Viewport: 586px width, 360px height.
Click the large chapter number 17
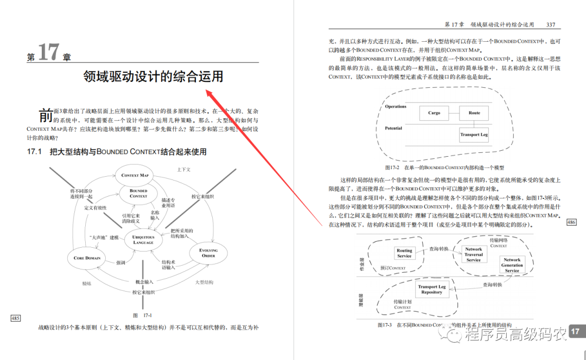click(x=48, y=53)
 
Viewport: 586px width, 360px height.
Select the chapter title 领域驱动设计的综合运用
click(x=153, y=76)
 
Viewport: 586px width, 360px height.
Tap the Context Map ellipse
click(x=135, y=175)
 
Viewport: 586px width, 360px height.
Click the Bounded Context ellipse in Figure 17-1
click(x=138, y=194)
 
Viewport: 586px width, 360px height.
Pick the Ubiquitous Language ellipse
click(x=143, y=240)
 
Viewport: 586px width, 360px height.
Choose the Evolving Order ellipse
click(x=208, y=253)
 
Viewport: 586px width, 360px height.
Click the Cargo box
click(x=434, y=113)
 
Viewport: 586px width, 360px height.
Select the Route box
click(x=474, y=113)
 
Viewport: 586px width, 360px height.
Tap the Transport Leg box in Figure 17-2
click(x=474, y=134)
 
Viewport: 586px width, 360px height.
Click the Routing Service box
click(x=404, y=253)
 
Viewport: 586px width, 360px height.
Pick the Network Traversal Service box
click(x=473, y=254)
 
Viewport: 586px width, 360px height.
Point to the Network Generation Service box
click(x=512, y=265)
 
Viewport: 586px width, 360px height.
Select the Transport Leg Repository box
click(x=431, y=290)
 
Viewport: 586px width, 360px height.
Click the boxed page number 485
click(x=15, y=318)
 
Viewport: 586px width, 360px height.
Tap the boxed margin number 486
click(x=571, y=222)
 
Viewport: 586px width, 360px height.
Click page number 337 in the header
click(x=550, y=24)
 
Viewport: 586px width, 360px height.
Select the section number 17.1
click(x=34, y=152)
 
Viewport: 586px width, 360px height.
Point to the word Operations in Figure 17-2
click(x=396, y=107)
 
